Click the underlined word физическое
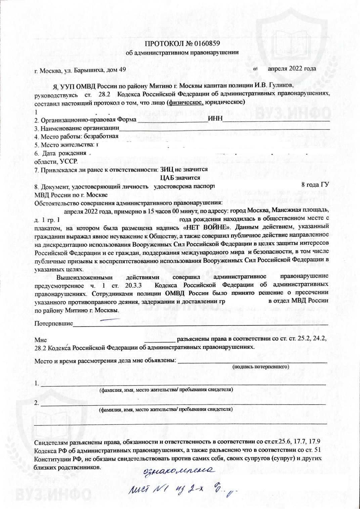click(x=186, y=102)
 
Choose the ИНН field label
click(x=215, y=119)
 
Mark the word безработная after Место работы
click(x=101, y=136)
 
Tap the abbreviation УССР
click(x=69, y=161)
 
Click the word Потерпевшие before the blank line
click(x=54, y=323)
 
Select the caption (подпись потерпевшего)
click(x=261, y=367)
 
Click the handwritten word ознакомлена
click(x=179, y=471)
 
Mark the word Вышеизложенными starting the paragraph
click(x=84, y=277)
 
